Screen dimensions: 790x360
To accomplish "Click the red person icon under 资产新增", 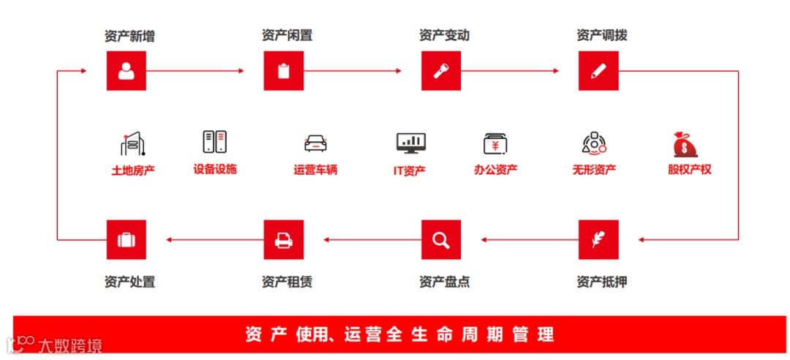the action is [127, 71].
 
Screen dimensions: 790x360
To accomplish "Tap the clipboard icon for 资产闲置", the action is [284, 71].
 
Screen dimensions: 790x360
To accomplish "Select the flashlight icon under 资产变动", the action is [441, 71].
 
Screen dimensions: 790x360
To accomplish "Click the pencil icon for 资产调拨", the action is [598, 71].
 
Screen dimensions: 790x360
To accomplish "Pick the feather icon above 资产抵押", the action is [598, 239].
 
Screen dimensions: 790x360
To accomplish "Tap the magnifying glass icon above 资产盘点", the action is [441, 239].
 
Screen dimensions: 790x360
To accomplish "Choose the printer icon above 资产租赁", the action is [284, 239].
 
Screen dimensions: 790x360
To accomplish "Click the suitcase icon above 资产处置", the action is [127, 239].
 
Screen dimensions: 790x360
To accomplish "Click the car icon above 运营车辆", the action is [315, 143].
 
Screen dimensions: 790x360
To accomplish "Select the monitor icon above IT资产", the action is [410, 143].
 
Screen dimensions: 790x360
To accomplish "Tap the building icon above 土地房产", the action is [133, 144].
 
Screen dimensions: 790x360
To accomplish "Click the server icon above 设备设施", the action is [215, 142].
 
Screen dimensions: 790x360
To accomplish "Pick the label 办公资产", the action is [495, 170].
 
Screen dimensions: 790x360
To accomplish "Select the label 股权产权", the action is [689, 170].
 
